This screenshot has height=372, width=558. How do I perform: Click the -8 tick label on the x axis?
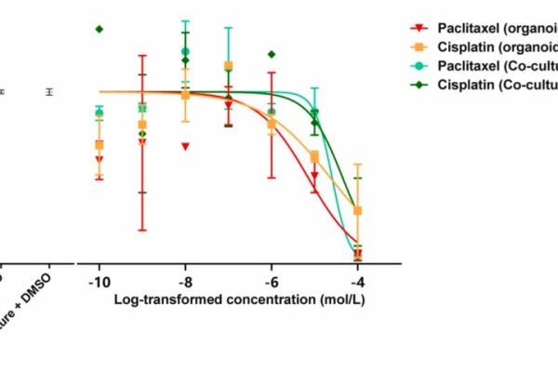coord(184,281)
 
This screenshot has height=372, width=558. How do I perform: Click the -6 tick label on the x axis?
coord(271,281)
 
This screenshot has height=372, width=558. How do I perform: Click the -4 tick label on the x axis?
coord(357,281)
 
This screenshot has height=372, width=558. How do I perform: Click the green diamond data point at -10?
coord(99,29)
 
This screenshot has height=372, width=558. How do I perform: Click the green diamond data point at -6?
coord(272,54)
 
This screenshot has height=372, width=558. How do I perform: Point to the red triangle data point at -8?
coord(186,146)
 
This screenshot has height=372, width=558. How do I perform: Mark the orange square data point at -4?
coord(358,210)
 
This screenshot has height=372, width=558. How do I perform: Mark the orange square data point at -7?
coord(228,66)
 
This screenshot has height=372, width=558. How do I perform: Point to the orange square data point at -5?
coord(314,156)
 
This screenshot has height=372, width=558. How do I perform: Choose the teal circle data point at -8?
coord(185,52)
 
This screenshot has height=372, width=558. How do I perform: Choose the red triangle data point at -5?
coord(315,175)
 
